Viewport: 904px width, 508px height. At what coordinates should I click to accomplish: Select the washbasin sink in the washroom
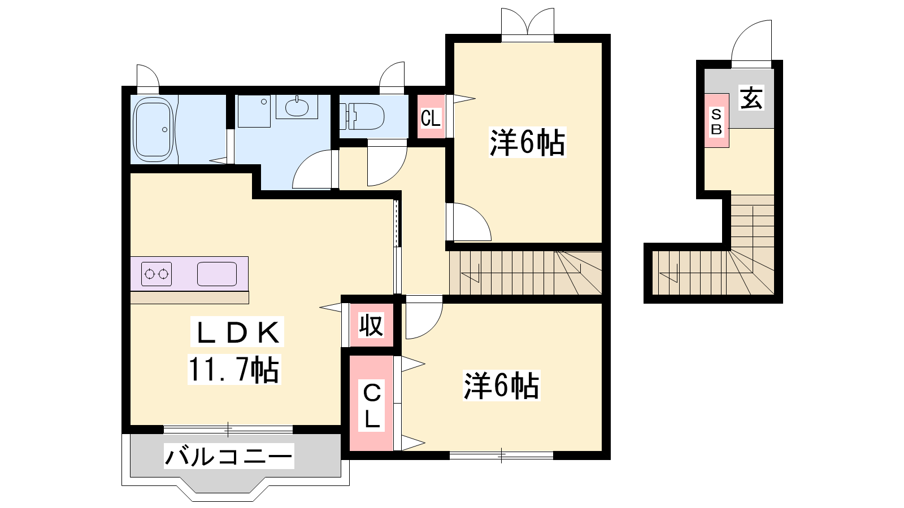click(297, 107)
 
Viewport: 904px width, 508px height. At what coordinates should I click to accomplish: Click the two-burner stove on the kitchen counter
click(157, 274)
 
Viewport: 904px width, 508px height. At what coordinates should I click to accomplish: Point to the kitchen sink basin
click(217, 274)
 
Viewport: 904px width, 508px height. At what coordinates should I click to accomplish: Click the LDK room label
click(237, 332)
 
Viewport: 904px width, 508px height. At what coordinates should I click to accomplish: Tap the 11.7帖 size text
click(234, 369)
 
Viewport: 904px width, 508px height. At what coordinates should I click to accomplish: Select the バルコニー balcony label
click(229, 456)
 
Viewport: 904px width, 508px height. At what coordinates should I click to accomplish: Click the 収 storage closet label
click(371, 325)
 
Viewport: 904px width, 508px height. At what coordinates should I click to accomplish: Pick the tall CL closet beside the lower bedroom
click(371, 403)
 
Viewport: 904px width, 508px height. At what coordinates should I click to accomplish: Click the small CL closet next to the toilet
click(431, 117)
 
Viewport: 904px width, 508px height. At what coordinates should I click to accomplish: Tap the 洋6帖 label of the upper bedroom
click(528, 142)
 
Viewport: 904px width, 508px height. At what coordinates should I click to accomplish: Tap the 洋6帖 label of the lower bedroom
click(501, 386)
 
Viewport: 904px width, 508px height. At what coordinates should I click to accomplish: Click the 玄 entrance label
click(751, 98)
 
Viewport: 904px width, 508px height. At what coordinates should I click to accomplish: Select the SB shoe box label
click(716, 121)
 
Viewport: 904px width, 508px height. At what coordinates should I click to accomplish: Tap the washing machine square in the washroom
click(254, 111)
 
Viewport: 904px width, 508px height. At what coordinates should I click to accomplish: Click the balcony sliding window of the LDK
click(228, 430)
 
